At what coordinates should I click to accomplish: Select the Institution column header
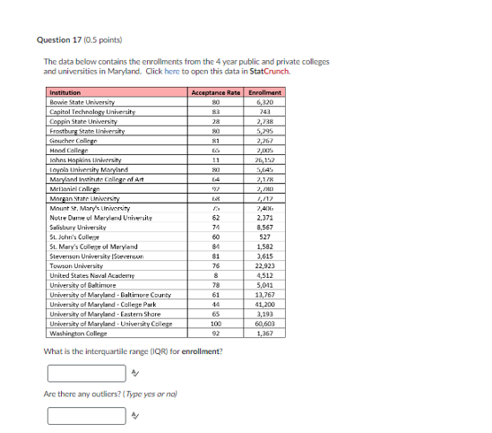coord(65,92)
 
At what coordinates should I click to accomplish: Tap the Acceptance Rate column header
coord(216,92)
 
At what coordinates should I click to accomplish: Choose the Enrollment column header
coord(264,92)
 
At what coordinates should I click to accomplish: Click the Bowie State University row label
coord(83,101)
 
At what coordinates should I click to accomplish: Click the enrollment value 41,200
coord(264,305)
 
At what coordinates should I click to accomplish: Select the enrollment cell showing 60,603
coord(264,324)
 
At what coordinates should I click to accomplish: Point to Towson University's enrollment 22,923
coord(264,266)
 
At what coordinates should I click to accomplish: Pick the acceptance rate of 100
coord(216,324)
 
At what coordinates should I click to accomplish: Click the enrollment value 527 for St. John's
coord(264,238)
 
